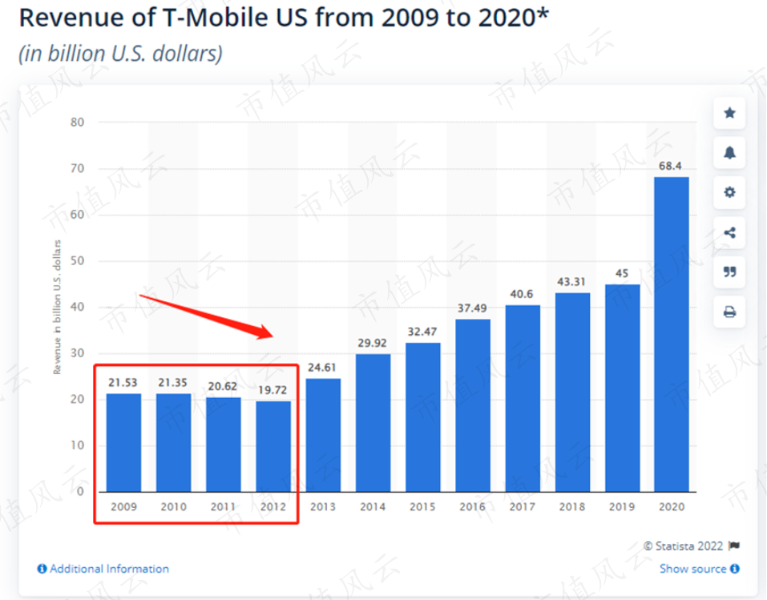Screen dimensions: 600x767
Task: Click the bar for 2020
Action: pos(672,334)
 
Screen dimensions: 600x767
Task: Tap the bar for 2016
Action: pos(472,405)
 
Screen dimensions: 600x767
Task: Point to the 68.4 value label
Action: pos(672,166)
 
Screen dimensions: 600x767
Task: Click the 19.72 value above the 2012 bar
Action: pos(273,390)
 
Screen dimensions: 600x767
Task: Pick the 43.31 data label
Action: pos(572,282)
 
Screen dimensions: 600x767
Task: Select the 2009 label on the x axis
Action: pos(123,506)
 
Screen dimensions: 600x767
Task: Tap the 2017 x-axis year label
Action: pos(523,506)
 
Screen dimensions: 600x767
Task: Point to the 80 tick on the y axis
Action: pos(79,123)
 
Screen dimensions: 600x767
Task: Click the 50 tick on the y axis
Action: pos(79,261)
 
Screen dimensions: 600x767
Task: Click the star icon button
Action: pos(729,113)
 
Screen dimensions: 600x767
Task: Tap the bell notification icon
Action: pos(729,153)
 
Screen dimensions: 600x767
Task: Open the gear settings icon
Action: pos(729,193)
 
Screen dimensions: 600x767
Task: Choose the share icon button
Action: pos(729,233)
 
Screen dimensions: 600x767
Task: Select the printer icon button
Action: pos(729,312)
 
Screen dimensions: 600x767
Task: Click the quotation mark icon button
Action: pos(729,272)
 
